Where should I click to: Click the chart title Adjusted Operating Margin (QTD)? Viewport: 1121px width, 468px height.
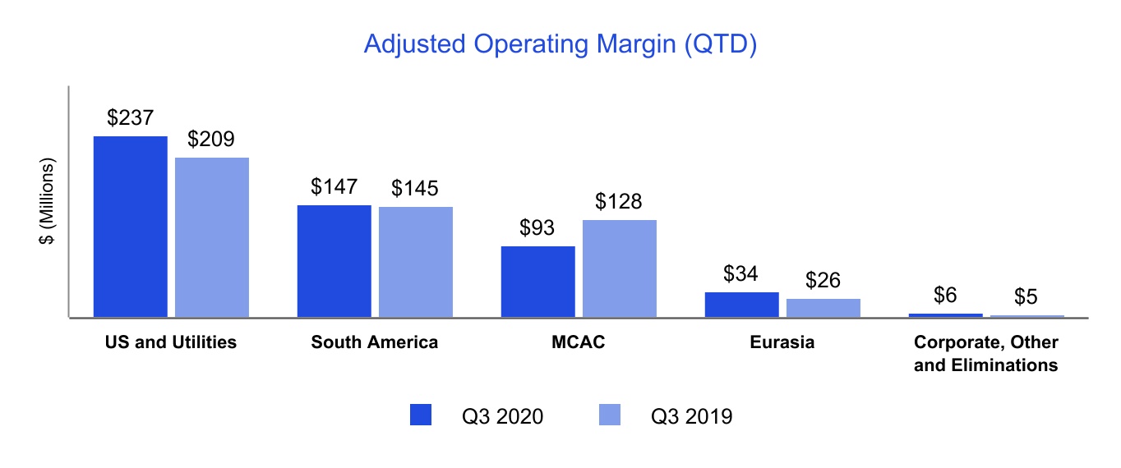coord(560,44)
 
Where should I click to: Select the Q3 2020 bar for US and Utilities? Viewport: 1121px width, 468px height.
coord(131,227)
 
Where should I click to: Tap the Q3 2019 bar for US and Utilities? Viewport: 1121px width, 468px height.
coord(212,237)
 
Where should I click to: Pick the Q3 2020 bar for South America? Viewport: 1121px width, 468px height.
coord(334,261)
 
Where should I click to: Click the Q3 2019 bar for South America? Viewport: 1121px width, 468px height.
coord(415,262)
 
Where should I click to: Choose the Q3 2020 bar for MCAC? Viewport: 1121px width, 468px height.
coord(537,282)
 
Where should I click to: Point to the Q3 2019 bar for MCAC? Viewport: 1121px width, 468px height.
coord(619,268)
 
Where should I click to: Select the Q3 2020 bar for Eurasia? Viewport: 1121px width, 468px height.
coord(741,305)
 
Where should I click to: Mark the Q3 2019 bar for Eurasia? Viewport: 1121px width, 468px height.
coord(823,308)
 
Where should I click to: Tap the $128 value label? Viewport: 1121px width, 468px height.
coord(619,202)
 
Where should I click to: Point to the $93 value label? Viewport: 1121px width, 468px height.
coord(538,228)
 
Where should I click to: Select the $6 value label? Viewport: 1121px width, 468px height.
coord(945,296)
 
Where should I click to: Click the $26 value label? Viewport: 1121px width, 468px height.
coord(823,281)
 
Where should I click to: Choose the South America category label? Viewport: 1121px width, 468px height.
coord(375,342)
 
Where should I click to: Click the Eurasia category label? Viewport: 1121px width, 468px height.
coord(782,342)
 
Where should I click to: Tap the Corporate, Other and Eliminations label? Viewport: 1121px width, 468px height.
coord(985,354)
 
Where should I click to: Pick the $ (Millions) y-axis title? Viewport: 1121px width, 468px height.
coord(48,201)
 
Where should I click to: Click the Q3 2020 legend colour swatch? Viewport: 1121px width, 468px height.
coord(420,415)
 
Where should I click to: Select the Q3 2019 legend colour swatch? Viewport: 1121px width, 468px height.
coord(609,415)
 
